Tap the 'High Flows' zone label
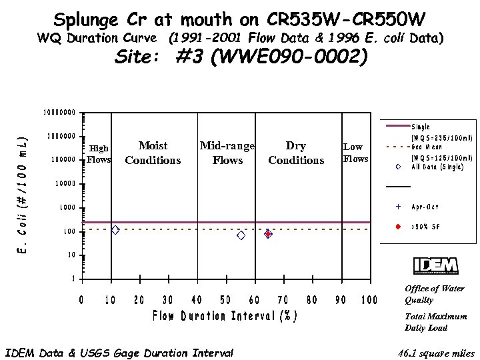pos(99,154)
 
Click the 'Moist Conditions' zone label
pos(153,153)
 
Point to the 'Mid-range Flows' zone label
pos(227,153)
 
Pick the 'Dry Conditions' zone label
pos(296,153)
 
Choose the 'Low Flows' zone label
pos(355,153)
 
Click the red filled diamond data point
pos(268,234)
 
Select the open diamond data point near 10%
pos(115,230)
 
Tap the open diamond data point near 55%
pos(241,235)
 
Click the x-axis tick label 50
pos(226,300)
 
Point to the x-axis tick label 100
pos(369,300)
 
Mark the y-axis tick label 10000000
pos(59,112)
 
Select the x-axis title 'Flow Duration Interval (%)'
pos(225,315)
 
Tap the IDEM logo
pos(436,265)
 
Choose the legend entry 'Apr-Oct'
pos(425,207)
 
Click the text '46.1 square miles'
pos(435,353)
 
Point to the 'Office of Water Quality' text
pos(435,294)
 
